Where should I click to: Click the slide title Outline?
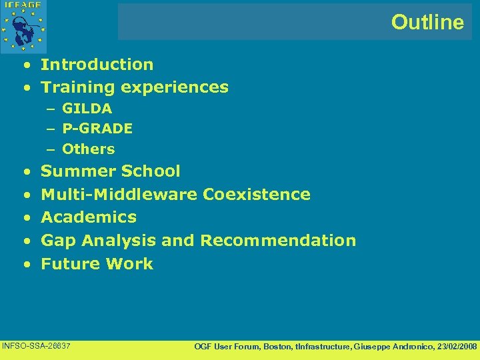click(x=427, y=23)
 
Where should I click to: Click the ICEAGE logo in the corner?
click(x=23, y=25)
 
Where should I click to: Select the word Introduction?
click(x=97, y=65)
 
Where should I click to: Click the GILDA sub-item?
click(x=87, y=109)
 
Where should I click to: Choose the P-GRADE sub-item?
click(x=97, y=128)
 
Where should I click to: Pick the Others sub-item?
click(x=88, y=149)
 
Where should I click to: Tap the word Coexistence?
click(x=257, y=195)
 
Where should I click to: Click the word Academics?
click(x=89, y=217)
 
